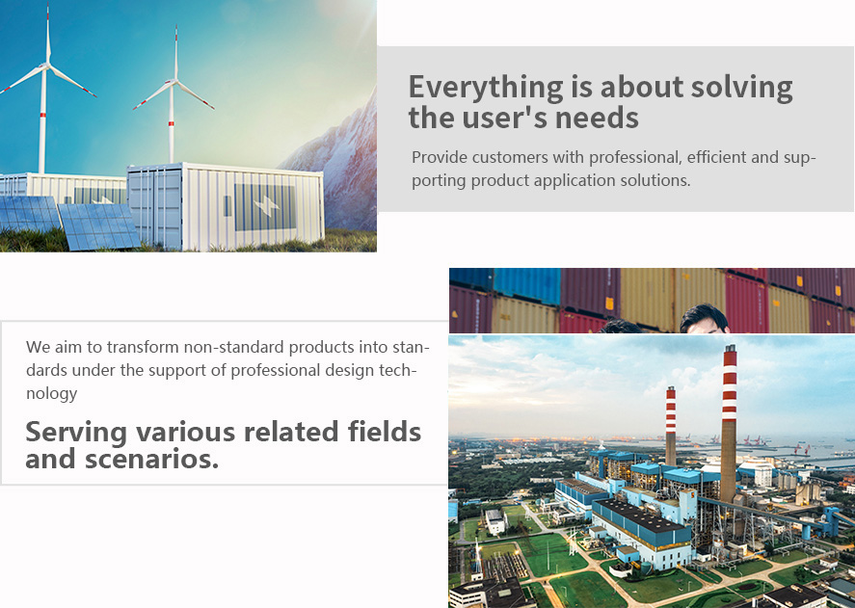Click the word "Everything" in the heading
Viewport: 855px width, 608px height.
coord(486,89)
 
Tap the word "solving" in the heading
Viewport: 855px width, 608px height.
coord(741,89)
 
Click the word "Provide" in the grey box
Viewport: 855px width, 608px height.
coord(440,157)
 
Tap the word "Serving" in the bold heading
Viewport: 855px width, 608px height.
coord(76,433)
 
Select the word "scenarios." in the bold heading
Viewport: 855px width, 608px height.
coord(151,459)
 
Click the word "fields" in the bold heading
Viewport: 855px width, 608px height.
coord(385,432)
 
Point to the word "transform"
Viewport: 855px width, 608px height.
coord(143,347)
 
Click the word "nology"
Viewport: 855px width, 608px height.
coord(52,394)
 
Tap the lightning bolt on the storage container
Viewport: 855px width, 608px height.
coord(266,205)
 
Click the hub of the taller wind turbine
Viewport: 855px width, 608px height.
coord(47,66)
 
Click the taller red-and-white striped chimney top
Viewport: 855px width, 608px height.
coord(730,348)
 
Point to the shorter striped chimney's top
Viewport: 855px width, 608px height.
coord(671,389)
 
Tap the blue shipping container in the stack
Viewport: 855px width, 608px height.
coord(526,285)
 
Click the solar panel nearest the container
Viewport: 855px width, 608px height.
coord(99,225)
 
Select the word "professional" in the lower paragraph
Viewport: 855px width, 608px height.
coord(276,371)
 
